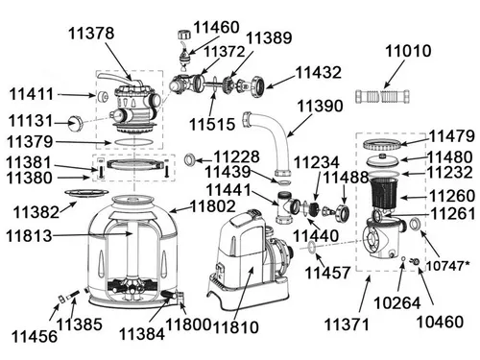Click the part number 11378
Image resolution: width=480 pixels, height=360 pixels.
(91, 34)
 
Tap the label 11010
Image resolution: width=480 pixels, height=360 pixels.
(408, 51)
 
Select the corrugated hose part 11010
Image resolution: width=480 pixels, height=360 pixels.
(383, 96)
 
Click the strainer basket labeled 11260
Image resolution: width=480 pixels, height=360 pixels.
(383, 193)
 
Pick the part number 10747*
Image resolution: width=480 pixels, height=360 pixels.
(448, 266)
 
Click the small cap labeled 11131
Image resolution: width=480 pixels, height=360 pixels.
(76, 122)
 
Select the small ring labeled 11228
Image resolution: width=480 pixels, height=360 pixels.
(190, 159)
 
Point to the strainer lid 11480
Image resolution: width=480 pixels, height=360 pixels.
(382, 160)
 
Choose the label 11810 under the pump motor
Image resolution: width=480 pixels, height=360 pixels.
(235, 327)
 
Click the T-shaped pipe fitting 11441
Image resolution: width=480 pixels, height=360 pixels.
(287, 207)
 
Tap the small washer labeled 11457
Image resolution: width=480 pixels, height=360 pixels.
(311, 247)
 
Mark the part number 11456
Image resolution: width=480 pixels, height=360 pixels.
(35, 336)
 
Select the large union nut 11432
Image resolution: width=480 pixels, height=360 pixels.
(257, 85)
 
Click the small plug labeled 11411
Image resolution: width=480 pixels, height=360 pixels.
(103, 96)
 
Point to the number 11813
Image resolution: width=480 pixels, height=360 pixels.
(29, 236)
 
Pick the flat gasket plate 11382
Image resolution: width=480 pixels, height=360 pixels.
(86, 194)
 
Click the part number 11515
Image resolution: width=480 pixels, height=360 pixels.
(212, 124)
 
